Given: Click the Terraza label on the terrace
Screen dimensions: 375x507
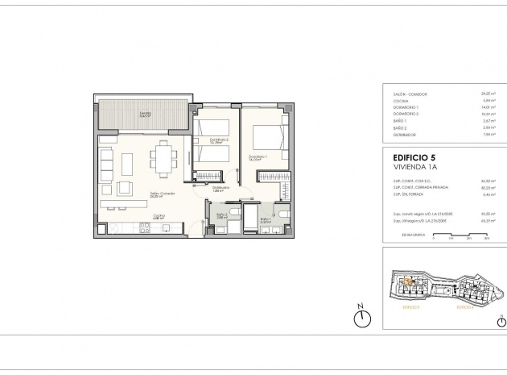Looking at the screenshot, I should click(x=145, y=115).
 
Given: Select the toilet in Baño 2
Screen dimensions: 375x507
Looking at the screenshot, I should click(x=232, y=213).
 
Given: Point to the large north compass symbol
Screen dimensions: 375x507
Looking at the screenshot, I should click(x=364, y=318).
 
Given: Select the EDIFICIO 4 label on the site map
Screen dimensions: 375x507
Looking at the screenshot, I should click(x=464, y=307).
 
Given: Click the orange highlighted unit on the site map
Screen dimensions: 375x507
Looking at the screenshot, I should click(x=407, y=281).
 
